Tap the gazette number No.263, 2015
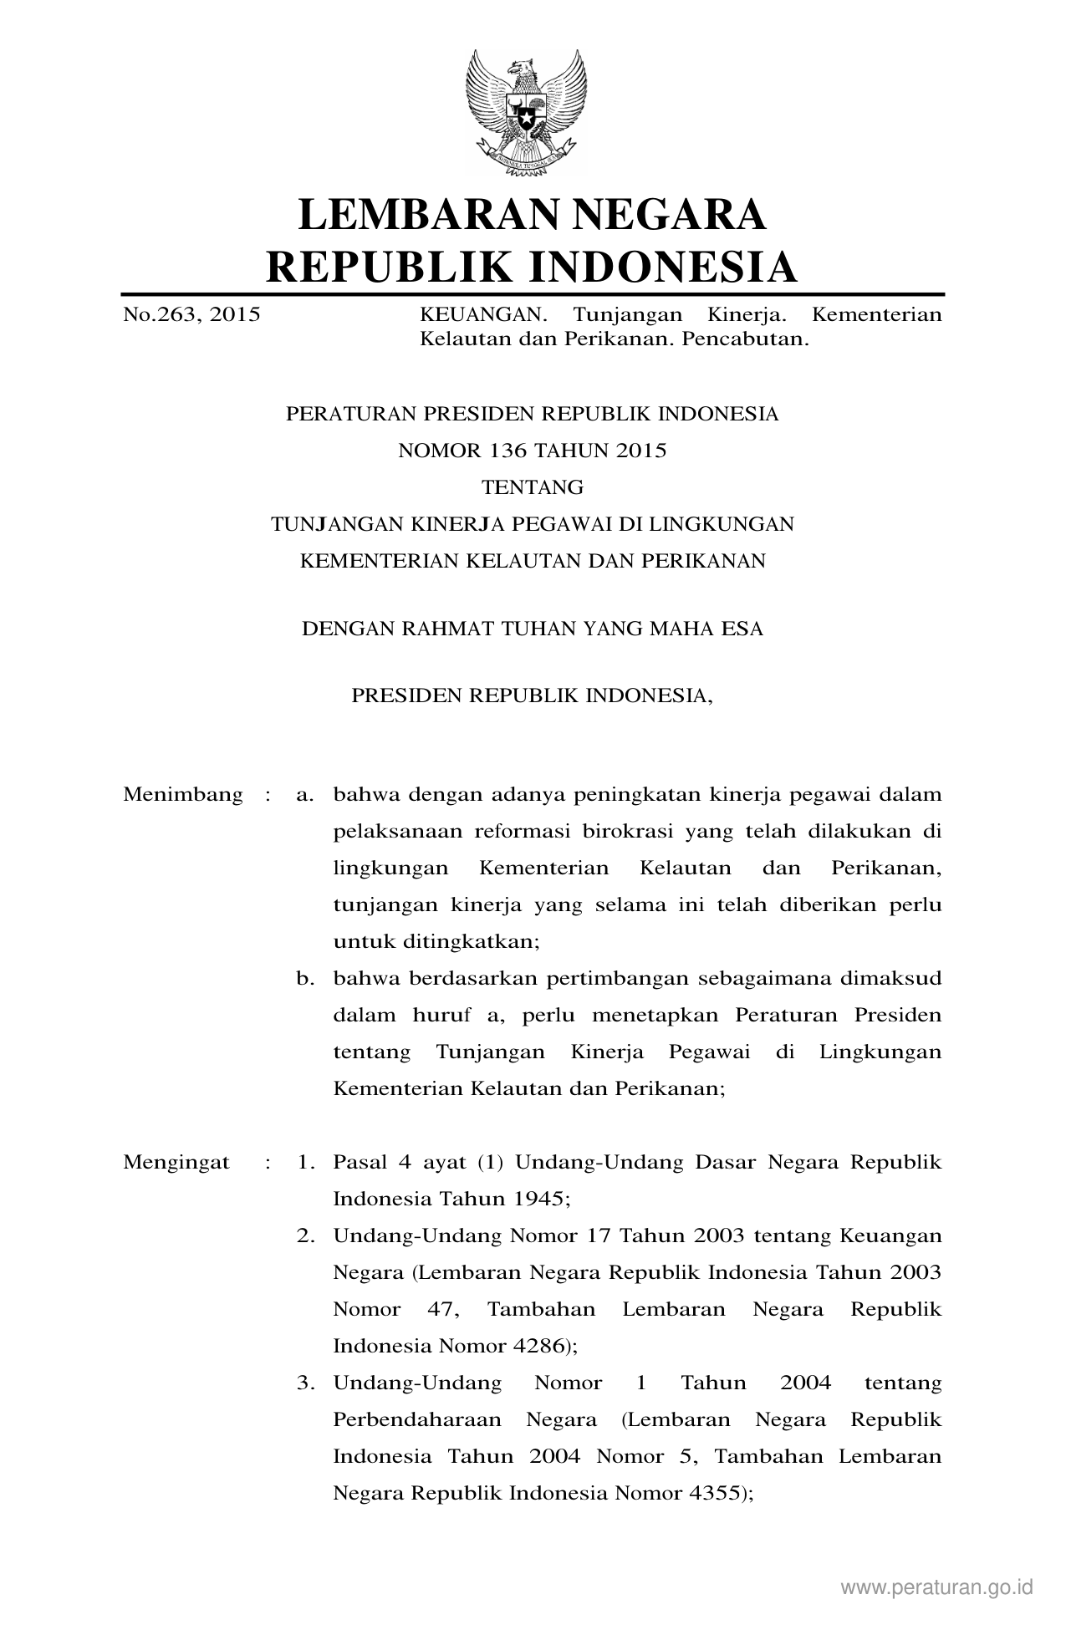(x=191, y=315)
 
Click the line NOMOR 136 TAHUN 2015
(x=533, y=451)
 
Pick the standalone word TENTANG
(x=533, y=487)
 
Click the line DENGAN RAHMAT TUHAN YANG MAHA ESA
(x=533, y=629)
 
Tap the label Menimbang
(x=183, y=794)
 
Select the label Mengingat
(x=176, y=1162)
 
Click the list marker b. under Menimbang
(x=305, y=978)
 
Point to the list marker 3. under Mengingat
(x=305, y=1383)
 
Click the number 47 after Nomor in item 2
(x=440, y=1309)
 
